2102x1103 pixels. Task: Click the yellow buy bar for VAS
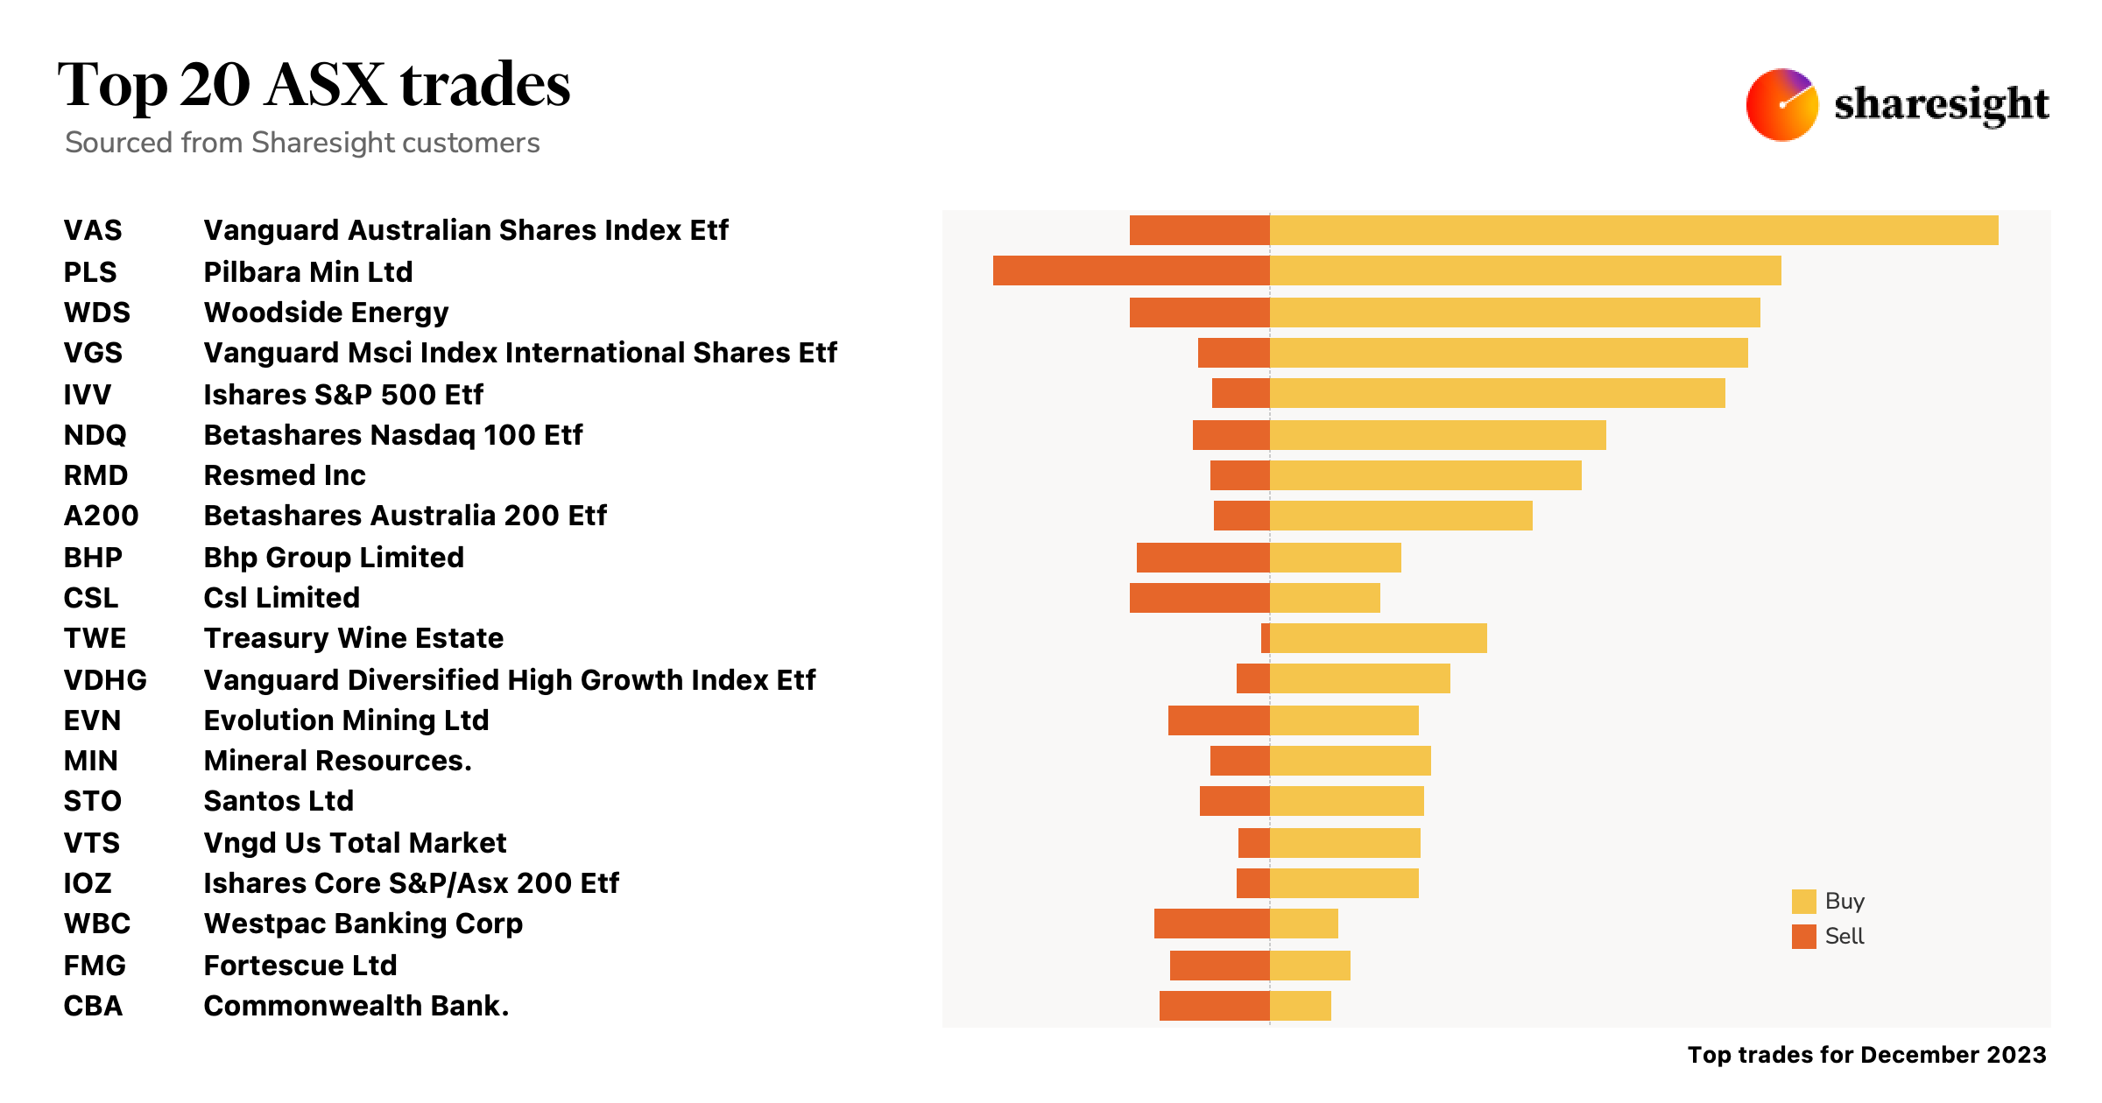coord(1633,230)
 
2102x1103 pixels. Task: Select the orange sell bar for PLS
coord(1131,271)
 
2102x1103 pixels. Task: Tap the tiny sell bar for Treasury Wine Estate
coord(1266,638)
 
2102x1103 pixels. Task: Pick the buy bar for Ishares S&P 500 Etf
coord(1497,393)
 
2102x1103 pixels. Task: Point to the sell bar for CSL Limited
coord(1199,598)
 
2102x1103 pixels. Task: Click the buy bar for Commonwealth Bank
coord(1301,1006)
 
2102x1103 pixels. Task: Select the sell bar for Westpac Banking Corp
coord(1211,924)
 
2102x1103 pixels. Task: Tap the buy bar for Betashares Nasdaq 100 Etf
coord(1437,435)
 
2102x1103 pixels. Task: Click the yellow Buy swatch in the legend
coord(1803,902)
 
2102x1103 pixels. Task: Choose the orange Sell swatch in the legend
coord(1803,937)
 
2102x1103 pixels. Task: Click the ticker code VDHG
coord(105,680)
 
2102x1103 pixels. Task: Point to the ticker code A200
coord(101,516)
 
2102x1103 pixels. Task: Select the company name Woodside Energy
coord(326,313)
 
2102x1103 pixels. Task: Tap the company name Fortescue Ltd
coord(300,966)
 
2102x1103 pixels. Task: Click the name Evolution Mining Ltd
coord(346,720)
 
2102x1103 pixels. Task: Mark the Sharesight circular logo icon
coord(1781,105)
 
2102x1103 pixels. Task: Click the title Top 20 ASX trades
coord(314,85)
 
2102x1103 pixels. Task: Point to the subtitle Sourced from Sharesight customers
coord(302,143)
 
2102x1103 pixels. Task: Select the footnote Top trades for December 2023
coord(1866,1055)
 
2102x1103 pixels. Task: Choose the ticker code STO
coord(92,801)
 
